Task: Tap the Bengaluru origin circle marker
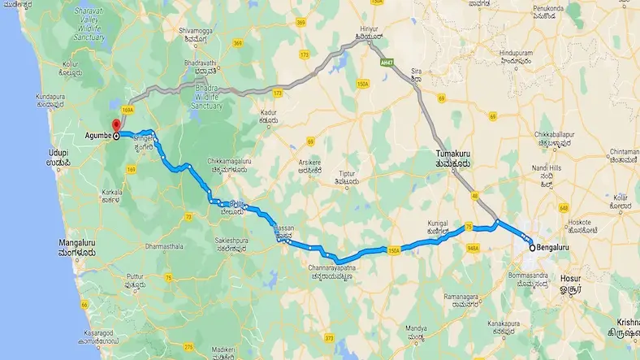(531, 247)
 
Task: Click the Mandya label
(417, 332)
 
